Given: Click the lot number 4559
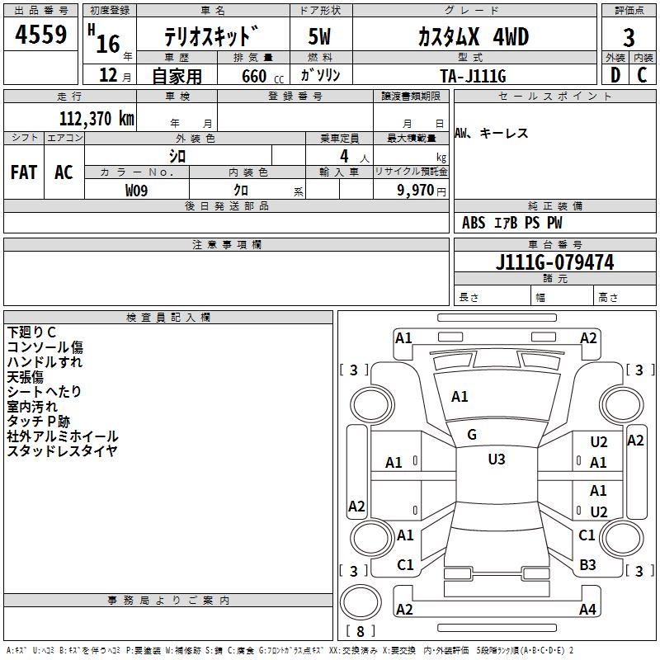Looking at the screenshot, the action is tap(40, 35).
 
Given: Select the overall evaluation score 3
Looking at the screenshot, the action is tap(629, 38).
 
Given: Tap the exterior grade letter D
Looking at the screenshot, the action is tap(615, 75).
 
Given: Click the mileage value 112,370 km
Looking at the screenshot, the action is tap(97, 118).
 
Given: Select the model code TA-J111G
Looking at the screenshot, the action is tap(473, 75).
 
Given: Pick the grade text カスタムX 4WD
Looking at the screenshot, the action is tap(461, 37).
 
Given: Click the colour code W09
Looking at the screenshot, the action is tap(137, 190).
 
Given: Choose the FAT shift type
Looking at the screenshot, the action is tap(24, 172).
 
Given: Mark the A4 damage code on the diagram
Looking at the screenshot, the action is tap(587, 610).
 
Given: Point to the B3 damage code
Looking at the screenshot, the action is tap(587, 564).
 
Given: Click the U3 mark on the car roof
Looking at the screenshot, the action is tap(496, 460).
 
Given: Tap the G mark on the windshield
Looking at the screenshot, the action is tap(472, 435).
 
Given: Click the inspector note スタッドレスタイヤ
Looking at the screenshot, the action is tap(62, 450).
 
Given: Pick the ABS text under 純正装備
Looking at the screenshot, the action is tap(474, 223).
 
